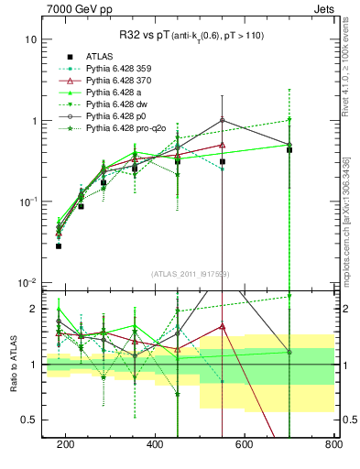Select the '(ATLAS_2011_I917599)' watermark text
point(190,273)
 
